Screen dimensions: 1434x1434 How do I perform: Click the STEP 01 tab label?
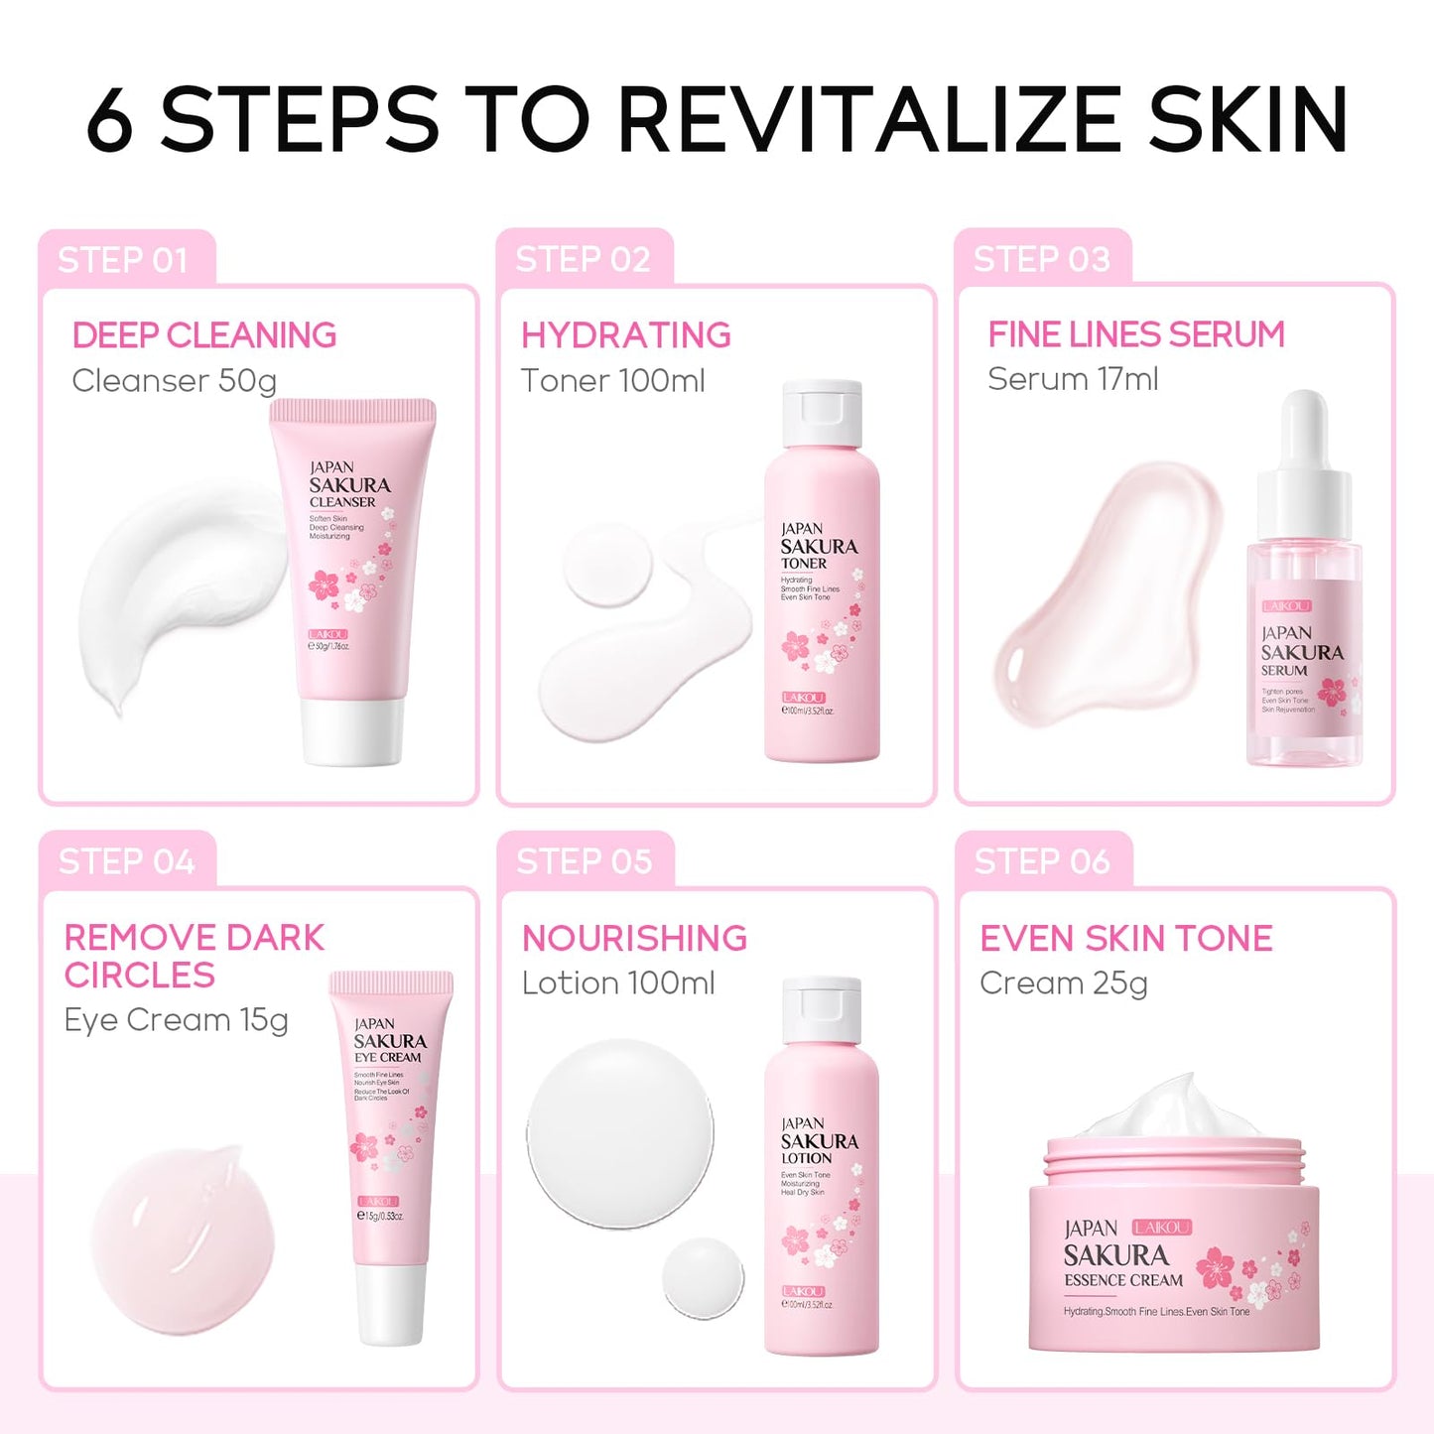click(123, 260)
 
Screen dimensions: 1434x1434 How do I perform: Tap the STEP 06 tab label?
click(1041, 861)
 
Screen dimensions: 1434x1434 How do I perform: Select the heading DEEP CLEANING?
click(204, 335)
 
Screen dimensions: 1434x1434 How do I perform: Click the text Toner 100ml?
click(612, 380)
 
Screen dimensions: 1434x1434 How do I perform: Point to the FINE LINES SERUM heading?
click(1135, 334)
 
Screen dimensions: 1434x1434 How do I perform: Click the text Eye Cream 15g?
click(176, 1020)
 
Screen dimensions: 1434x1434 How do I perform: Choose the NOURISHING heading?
click(634, 938)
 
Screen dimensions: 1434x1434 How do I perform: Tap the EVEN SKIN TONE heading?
click(1125, 938)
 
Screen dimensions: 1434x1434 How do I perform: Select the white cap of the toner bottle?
click(821, 414)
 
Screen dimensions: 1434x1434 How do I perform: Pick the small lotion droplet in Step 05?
click(703, 1278)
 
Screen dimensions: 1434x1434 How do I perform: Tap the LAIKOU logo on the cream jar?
click(1161, 1228)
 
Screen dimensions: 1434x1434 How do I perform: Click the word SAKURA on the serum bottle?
click(1301, 652)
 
